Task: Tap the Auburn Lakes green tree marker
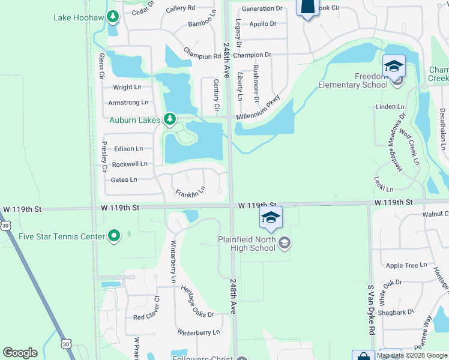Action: pyautogui.click(x=170, y=119)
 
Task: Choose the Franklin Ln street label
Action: pyautogui.click(x=190, y=193)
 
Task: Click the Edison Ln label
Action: pyautogui.click(x=128, y=149)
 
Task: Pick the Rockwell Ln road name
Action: pyautogui.click(x=129, y=164)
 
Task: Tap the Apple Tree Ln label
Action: pyautogui.click(x=406, y=265)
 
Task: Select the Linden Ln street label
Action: pyautogui.click(x=390, y=107)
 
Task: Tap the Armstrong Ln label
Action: pyautogui.click(x=128, y=103)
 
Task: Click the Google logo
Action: pyautogui.click(x=20, y=353)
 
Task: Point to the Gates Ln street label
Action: pyautogui.click(x=124, y=179)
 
